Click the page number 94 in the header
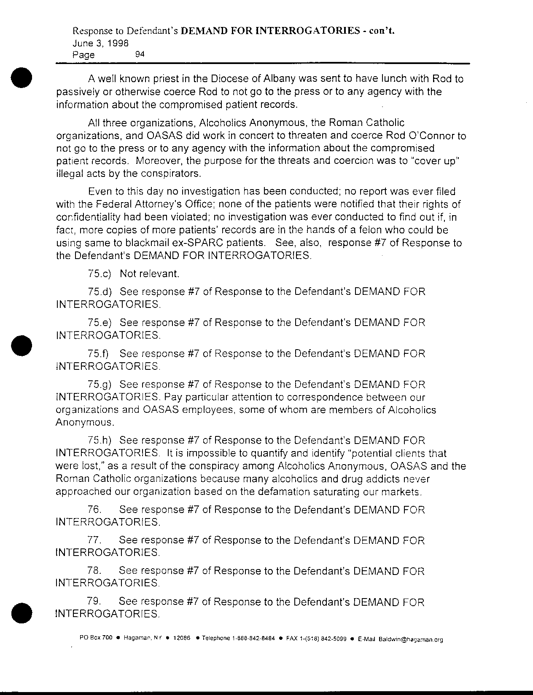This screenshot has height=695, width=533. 140,54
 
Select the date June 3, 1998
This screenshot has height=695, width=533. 101,43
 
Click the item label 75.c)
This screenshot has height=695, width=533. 100,274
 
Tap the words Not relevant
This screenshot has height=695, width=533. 150,274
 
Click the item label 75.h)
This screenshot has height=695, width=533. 100,441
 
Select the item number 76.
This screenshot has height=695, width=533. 94,510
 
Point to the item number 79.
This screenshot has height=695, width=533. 94,601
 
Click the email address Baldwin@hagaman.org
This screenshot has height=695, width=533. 411,639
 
